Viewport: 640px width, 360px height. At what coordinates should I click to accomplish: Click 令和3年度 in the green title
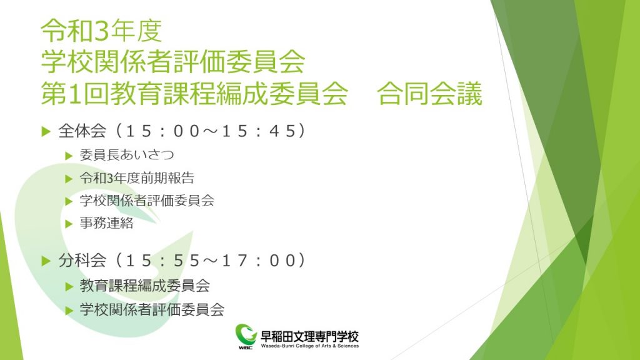pyautogui.click(x=102, y=31)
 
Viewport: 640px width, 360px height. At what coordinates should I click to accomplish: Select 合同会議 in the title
pyautogui.click(x=429, y=94)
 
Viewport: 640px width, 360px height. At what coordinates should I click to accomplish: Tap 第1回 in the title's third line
pyautogui.click(x=75, y=94)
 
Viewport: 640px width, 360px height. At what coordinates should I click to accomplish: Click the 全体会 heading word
pyautogui.click(x=82, y=131)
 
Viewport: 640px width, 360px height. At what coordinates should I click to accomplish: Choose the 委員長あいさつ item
pyautogui.click(x=127, y=155)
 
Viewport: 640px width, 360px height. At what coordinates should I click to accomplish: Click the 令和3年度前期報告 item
pyautogui.click(x=137, y=178)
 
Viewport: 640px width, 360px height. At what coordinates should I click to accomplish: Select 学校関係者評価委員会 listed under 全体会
pyautogui.click(x=147, y=201)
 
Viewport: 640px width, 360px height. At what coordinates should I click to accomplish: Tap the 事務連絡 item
pyautogui.click(x=106, y=223)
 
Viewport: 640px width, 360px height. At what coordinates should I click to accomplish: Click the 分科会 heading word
pyautogui.click(x=82, y=261)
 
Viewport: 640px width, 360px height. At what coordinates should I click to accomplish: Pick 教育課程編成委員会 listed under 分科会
pyautogui.click(x=145, y=286)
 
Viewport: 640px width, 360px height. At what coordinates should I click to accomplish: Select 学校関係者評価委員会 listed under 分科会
pyautogui.click(x=152, y=309)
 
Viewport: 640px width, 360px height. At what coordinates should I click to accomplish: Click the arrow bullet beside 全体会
pyautogui.click(x=46, y=131)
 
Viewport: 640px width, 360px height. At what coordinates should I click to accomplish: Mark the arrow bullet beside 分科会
pyautogui.click(x=46, y=261)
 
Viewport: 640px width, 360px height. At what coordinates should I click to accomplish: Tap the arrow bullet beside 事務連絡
pyautogui.click(x=69, y=224)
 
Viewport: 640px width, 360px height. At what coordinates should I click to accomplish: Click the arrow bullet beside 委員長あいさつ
pyautogui.click(x=69, y=156)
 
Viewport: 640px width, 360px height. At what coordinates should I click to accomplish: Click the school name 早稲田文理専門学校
pyautogui.click(x=310, y=336)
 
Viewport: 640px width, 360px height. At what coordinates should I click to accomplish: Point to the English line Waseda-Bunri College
pyautogui.click(x=310, y=346)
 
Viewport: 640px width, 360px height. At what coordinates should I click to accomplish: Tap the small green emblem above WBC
pyautogui.click(x=246, y=334)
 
